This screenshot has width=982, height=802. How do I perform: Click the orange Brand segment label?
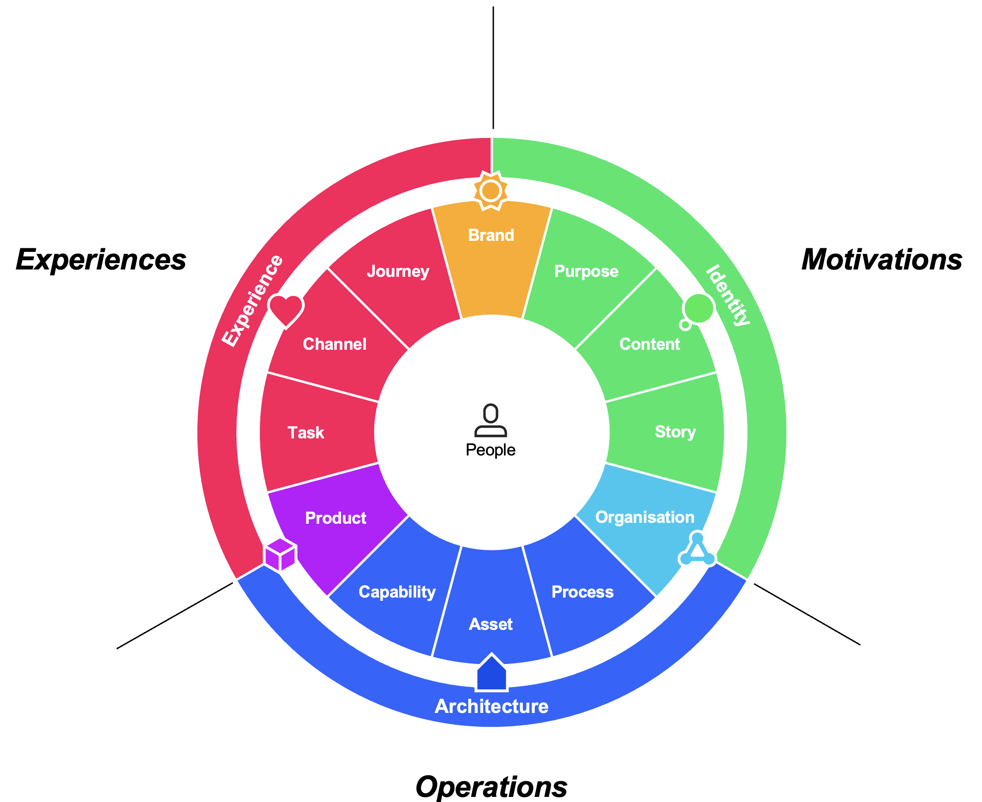point(491,235)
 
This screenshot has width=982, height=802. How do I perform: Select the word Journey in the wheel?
point(398,271)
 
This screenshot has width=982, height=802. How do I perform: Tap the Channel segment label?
point(335,344)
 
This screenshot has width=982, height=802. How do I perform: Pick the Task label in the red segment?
point(306,433)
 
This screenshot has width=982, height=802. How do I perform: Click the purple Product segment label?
point(335,518)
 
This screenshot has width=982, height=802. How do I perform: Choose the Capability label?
point(397,592)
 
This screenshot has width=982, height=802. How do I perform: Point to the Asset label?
point(491,624)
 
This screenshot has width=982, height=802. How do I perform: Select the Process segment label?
point(582,592)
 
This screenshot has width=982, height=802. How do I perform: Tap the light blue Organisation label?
point(645,517)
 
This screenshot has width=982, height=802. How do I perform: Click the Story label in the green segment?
point(675,431)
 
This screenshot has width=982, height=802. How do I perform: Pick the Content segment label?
point(649,344)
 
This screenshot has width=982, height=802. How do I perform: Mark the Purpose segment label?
point(586,271)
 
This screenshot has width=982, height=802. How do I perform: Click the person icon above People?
point(491,420)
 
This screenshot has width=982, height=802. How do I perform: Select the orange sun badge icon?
point(491,191)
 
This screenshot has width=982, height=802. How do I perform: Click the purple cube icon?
point(281,554)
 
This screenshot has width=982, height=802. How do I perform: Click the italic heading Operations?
point(491,787)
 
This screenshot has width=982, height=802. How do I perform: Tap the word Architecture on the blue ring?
point(491,706)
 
